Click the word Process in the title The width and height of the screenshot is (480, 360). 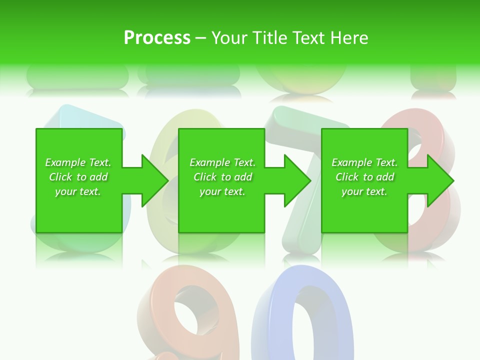pos(157,38)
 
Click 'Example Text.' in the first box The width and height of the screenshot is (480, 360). pos(78,162)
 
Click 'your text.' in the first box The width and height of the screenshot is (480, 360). pos(78,191)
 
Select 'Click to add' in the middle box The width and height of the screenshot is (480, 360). pos(222,177)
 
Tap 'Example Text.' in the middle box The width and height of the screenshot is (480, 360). pos(222,162)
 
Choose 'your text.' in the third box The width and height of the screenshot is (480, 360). pos(364,191)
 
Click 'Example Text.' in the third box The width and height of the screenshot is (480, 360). pos(364,162)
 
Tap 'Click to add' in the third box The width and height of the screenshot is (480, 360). pos(364,177)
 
